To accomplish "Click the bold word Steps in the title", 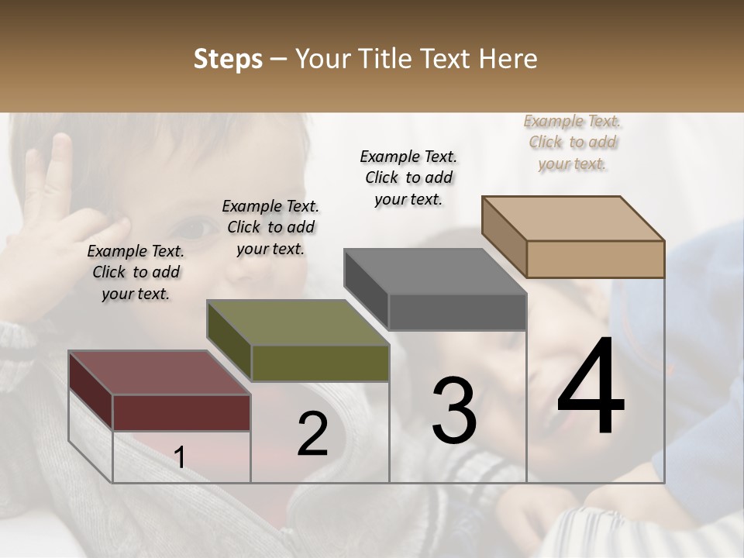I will [x=228, y=59].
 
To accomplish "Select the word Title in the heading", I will [x=384, y=59].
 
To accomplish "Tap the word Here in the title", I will [x=507, y=59].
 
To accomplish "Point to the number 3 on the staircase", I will [x=454, y=411].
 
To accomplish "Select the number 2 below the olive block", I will [x=312, y=434].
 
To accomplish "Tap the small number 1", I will [x=180, y=458].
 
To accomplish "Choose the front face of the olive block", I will [x=320, y=363].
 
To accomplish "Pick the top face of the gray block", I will [x=434, y=271].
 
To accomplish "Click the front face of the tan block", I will [x=595, y=259].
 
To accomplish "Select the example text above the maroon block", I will [x=136, y=272].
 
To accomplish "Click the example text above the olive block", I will [x=270, y=227].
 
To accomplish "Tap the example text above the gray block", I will [x=408, y=177].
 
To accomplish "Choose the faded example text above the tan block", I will [x=573, y=143].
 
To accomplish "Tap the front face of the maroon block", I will [x=181, y=412].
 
